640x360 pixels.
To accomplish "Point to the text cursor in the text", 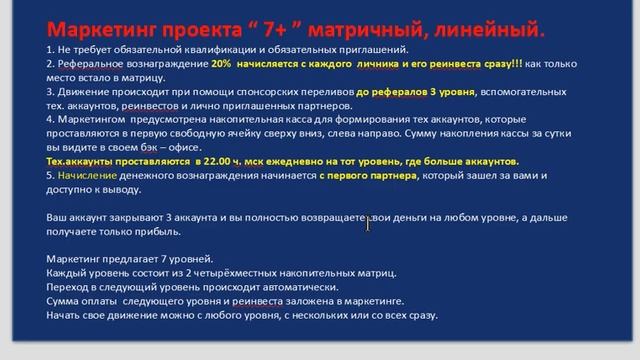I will [368, 224].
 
